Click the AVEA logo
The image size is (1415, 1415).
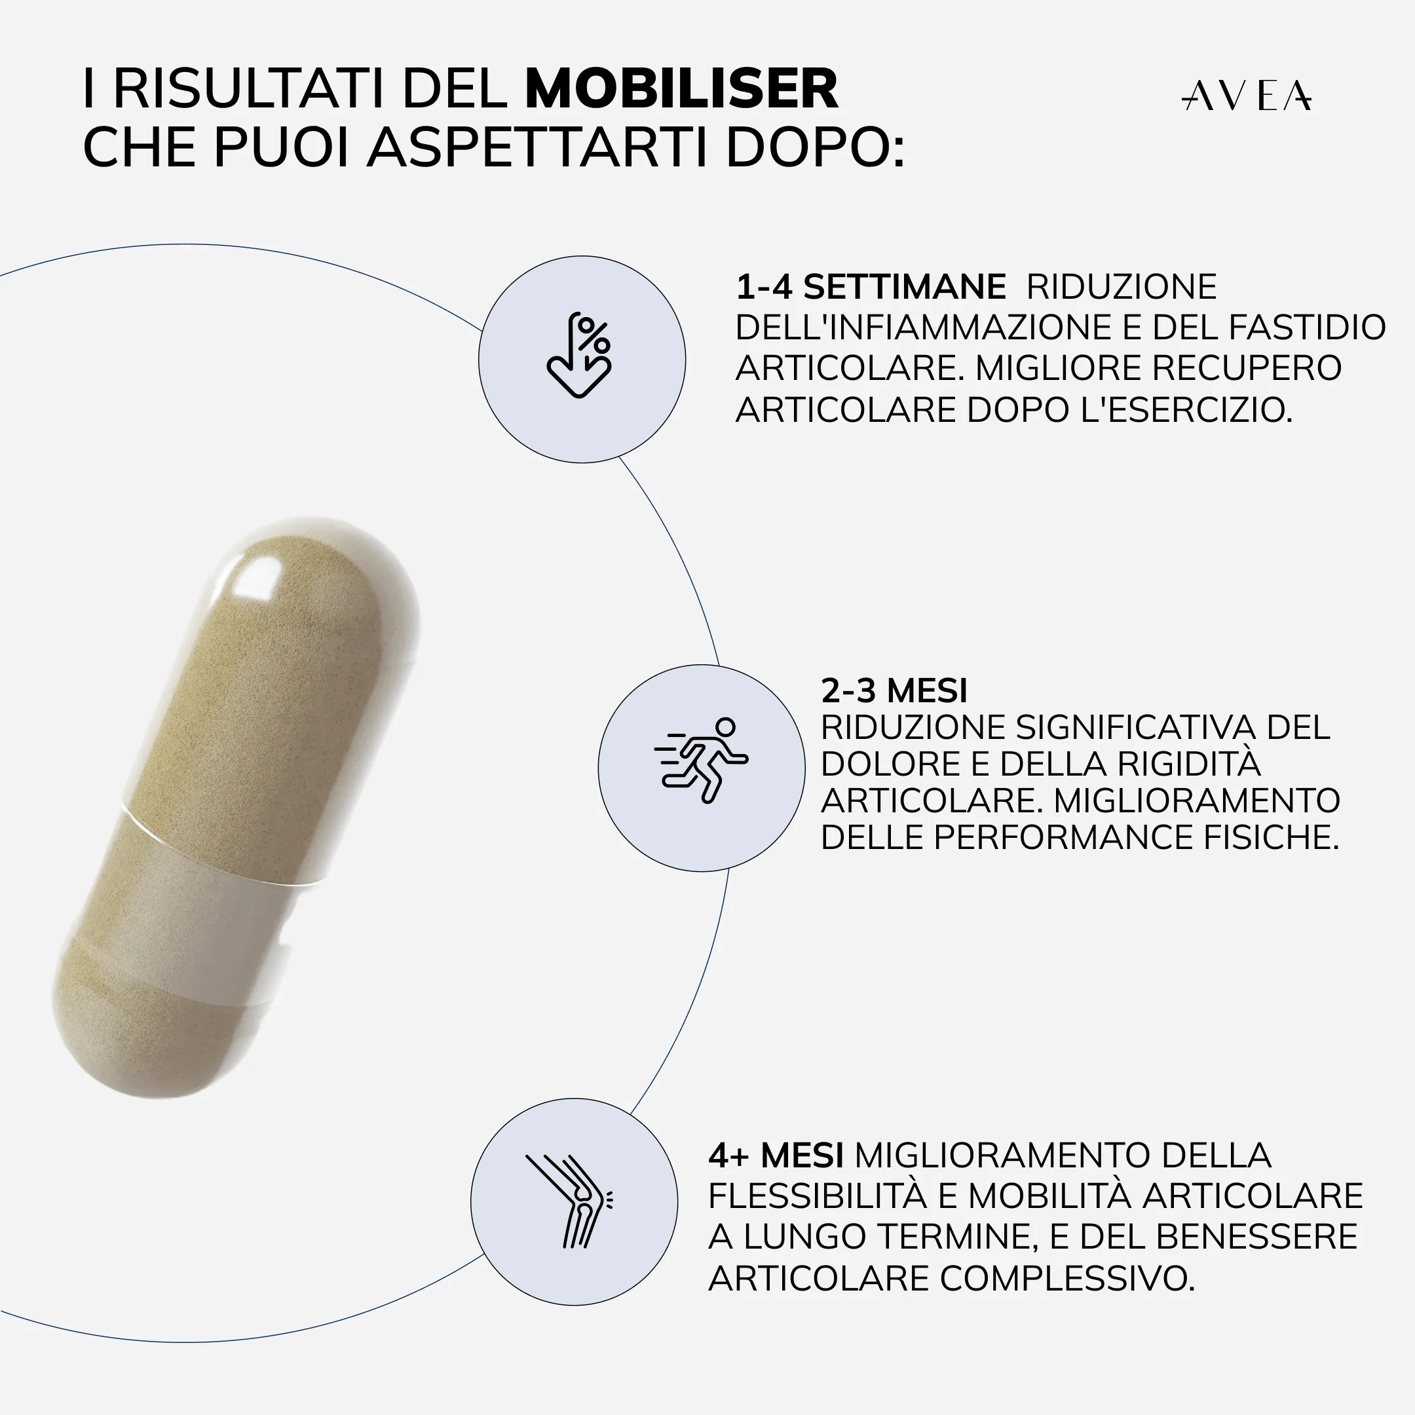click(x=1246, y=96)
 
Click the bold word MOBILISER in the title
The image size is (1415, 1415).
click(x=681, y=89)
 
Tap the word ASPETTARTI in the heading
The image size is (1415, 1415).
click(x=536, y=148)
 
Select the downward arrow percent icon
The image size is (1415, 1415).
click(x=579, y=356)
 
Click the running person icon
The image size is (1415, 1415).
click(x=701, y=760)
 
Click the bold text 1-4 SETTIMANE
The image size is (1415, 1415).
click(x=870, y=287)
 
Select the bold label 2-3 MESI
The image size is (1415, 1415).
click(x=894, y=690)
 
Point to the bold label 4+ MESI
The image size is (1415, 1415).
click(x=776, y=1156)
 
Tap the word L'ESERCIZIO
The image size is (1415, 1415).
click(x=1186, y=410)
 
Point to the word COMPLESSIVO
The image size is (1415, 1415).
click(x=1066, y=1279)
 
